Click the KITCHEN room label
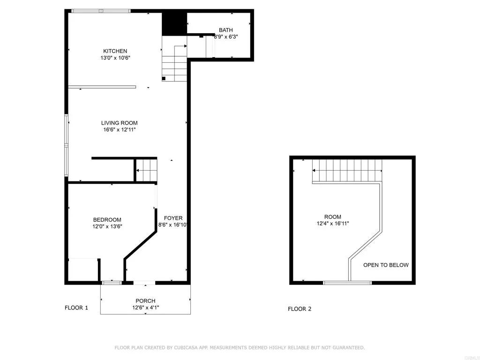point(115,51)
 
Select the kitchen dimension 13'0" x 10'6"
point(115,58)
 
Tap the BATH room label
point(225,30)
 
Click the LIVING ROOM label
point(119,123)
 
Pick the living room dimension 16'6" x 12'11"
point(119,130)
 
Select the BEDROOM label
point(107,219)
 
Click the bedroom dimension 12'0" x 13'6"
point(107,226)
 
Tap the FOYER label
point(173,218)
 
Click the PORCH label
point(145,301)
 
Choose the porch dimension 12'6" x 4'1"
point(145,308)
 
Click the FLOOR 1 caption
point(76,308)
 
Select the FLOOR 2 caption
point(300,309)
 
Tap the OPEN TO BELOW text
point(386,265)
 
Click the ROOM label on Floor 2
point(332,217)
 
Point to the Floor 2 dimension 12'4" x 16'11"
point(332,224)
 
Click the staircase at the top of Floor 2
point(347,171)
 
